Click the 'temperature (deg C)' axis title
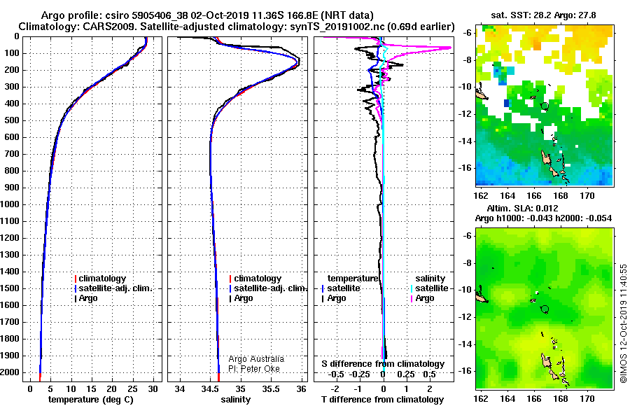(x=91, y=400)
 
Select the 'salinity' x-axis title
(x=235, y=400)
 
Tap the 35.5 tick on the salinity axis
(x=271, y=389)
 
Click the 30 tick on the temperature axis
(x=153, y=389)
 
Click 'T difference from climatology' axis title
(x=382, y=400)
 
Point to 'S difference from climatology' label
(x=383, y=364)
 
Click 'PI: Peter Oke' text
(x=254, y=369)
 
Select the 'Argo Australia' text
(x=256, y=359)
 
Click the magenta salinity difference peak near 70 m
(x=449, y=48)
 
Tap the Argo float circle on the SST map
(x=545, y=106)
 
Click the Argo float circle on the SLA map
(x=545, y=309)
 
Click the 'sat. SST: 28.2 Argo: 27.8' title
(x=544, y=15)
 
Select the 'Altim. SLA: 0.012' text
(x=522, y=209)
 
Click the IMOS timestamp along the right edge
(x=623, y=323)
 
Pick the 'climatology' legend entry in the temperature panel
(x=100, y=279)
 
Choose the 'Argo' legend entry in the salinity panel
(x=241, y=298)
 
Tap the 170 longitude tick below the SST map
(x=587, y=196)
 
